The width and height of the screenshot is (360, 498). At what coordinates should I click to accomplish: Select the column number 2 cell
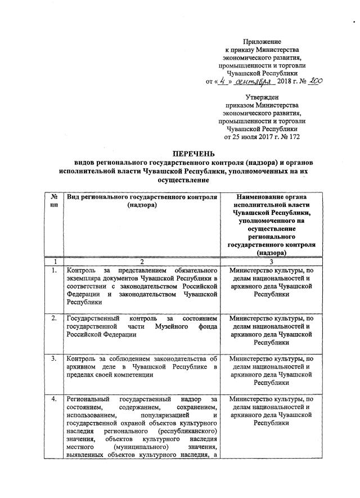pos(142,262)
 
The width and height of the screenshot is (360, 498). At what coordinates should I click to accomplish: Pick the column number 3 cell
pos(271,262)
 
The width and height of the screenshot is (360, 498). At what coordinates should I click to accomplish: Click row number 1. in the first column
pos(55,271)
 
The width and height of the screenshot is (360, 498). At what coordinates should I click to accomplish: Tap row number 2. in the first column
pos(55,318)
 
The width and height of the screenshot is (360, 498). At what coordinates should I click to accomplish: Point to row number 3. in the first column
pos(55,358)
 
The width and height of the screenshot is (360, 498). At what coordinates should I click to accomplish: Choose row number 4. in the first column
pos(55,398)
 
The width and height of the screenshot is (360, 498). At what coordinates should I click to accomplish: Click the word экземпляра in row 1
pos(85,279)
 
